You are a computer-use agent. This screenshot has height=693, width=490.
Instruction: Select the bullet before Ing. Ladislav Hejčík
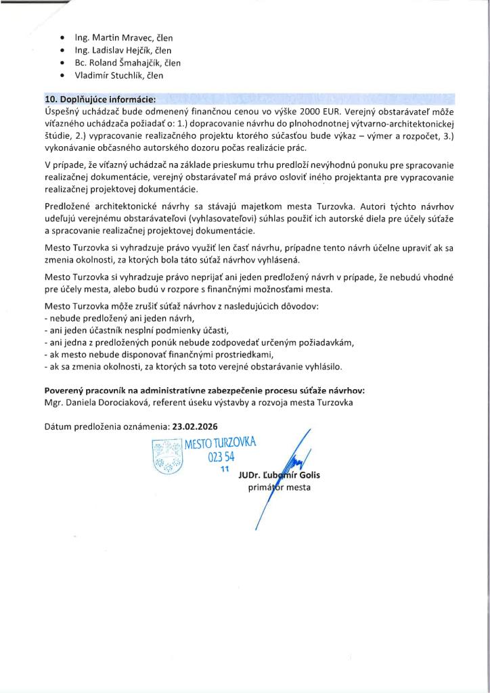pyautogui.click(x=63, y=51)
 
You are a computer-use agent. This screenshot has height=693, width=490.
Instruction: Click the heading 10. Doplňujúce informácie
pyautogui.click(x=100, y=99)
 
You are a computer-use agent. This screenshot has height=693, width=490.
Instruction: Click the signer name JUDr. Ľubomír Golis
pyautogui.click(x=279, y=475)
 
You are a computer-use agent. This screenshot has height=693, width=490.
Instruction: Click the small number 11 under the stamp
pyautogui.click(x=226, y=468)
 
